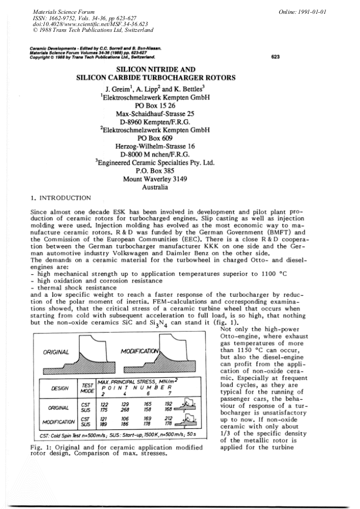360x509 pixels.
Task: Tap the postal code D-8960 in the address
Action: click(132, 122)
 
